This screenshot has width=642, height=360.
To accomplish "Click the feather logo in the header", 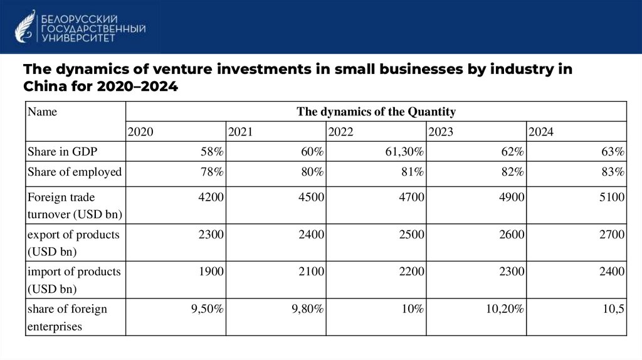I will (25, 26).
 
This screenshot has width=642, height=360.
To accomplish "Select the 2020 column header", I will (140, 132).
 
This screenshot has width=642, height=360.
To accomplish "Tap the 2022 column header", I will (340, 132).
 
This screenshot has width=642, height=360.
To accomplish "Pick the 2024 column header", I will (541, 132).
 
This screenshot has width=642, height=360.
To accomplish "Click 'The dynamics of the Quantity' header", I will (376, 112).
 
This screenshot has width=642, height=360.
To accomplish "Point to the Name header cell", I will (43, 112).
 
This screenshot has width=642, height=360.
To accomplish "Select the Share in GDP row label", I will (62, 152).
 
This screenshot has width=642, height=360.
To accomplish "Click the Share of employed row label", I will (74, 172).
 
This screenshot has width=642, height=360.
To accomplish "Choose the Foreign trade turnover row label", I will (74, 205).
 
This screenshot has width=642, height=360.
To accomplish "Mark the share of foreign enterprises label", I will (67, 317).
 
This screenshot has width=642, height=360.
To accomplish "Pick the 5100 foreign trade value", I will (612, 197).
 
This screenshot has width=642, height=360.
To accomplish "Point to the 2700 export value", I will (612, 235).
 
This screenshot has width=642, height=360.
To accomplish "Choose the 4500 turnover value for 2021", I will (312, 197).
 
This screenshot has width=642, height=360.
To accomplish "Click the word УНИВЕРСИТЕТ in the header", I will (78, 38).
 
